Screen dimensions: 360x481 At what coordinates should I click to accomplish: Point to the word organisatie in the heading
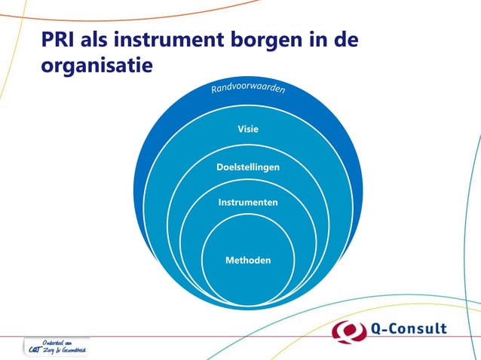coord(97,66)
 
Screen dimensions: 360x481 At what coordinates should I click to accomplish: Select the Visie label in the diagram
coord(248,129)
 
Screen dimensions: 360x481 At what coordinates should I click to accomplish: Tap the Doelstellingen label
coord(248,166)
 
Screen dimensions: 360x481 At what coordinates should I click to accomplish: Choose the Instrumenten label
coord(248,203)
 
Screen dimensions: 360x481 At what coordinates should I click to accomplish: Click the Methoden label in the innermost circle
coord(248,260)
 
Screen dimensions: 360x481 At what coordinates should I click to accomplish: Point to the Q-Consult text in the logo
coord(410,329)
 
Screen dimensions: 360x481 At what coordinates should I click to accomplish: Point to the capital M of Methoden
coord(230,260)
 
